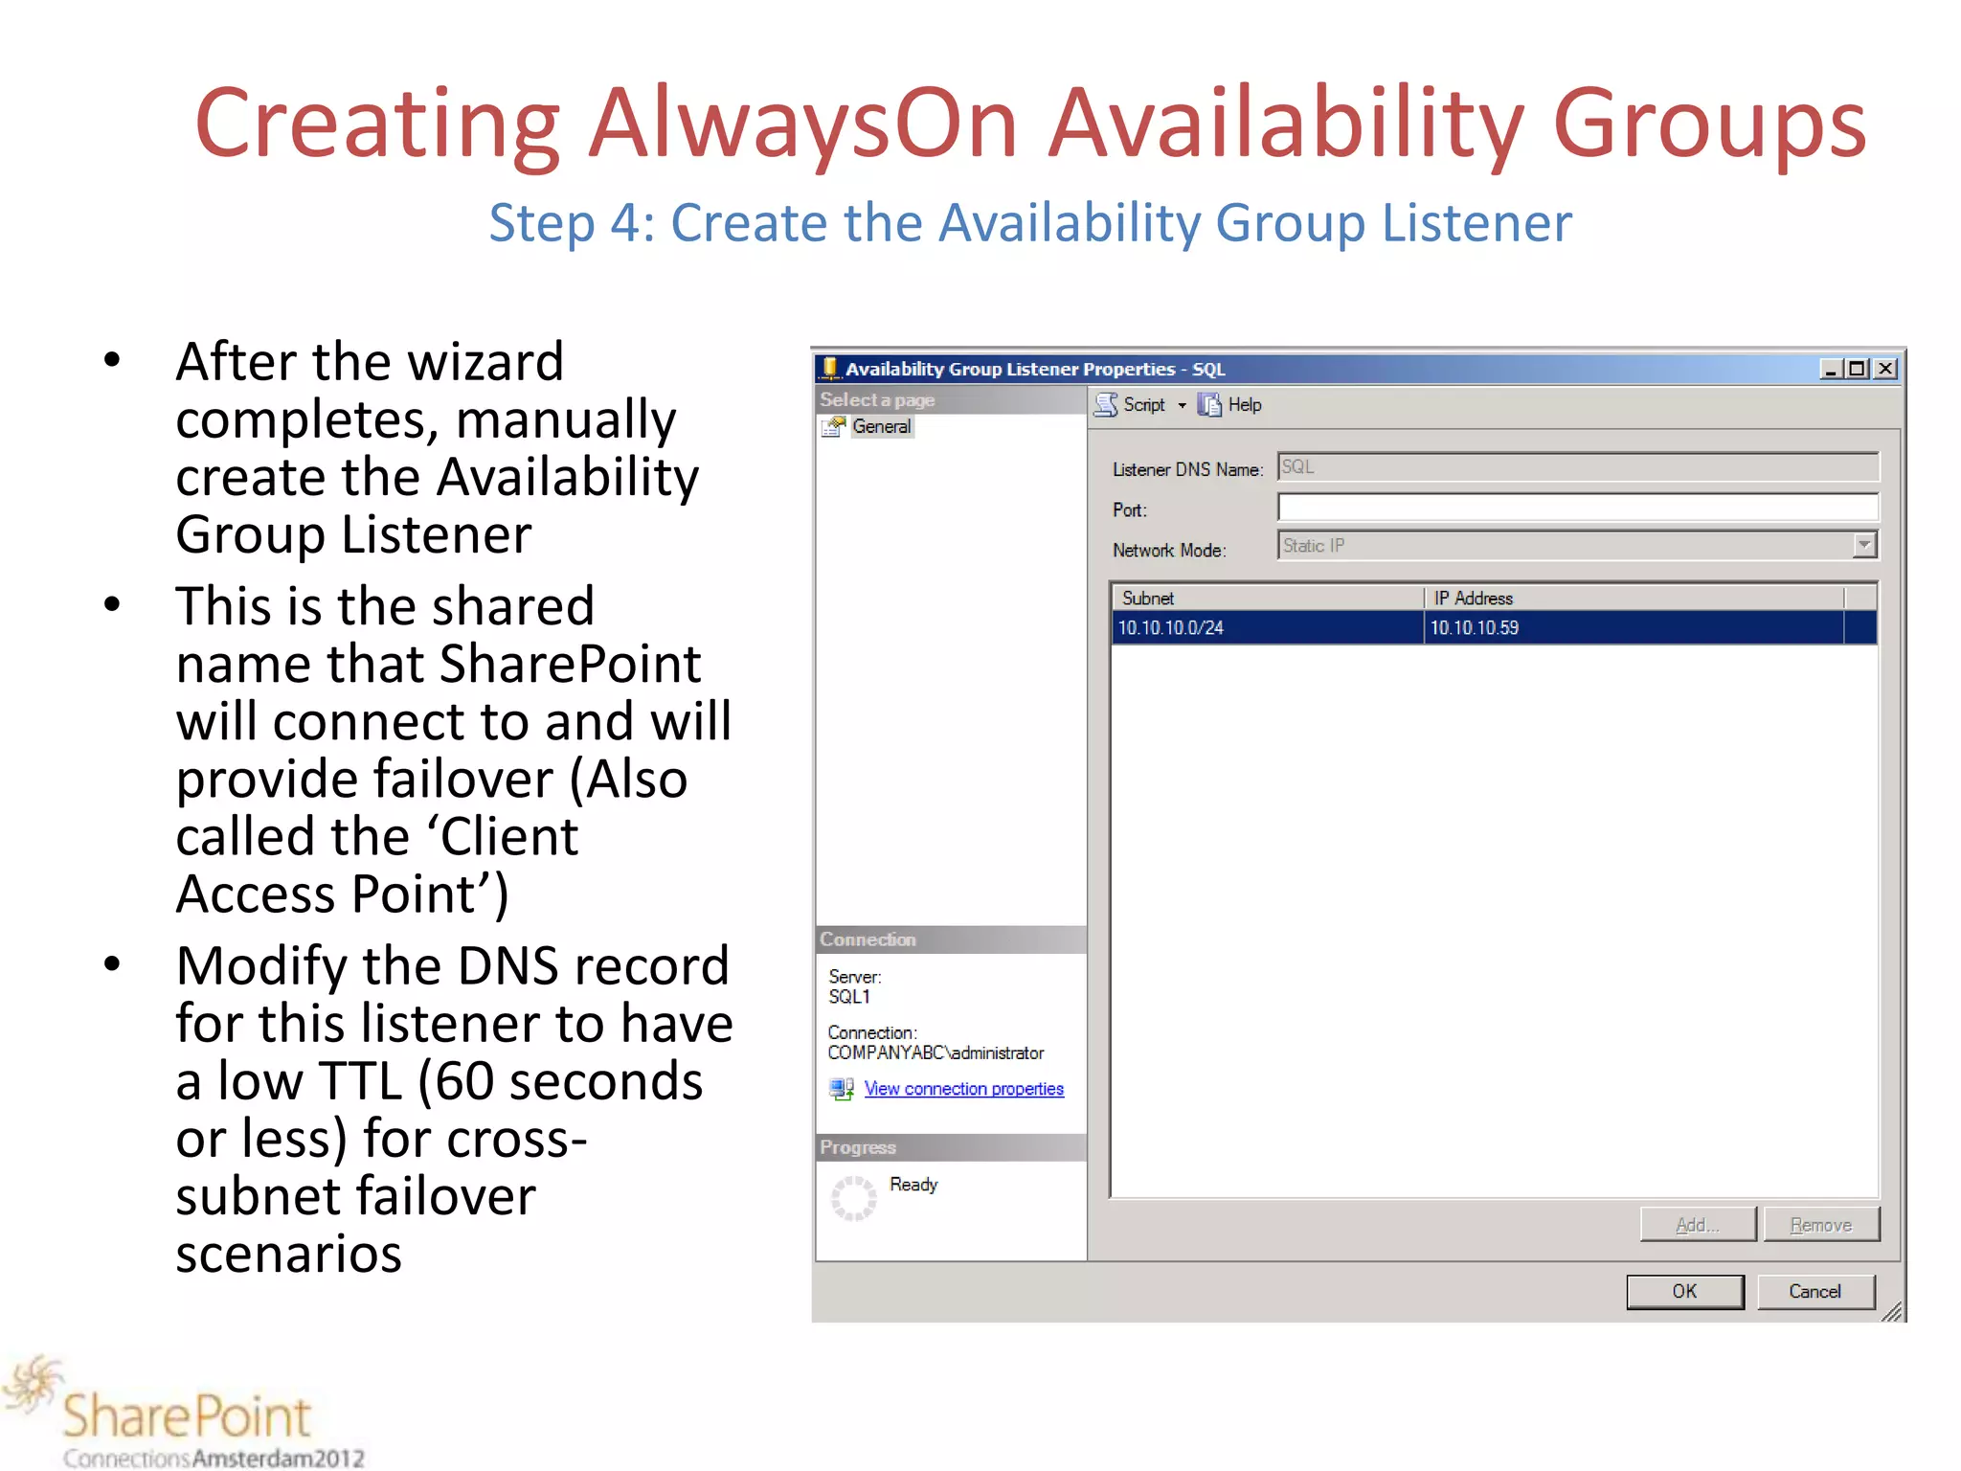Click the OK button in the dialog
[1684, 1291]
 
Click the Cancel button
[1814, 1291]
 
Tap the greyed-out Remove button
[1820, 1225]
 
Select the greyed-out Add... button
[1697, 1225]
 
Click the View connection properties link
[963, 1089]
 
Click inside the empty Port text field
[1576, 508]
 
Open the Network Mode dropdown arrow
[1863, 545]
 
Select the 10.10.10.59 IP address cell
[1475, 628]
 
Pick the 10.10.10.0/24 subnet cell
[1170, 628]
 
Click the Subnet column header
[1148, 598]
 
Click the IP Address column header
[1473, 598]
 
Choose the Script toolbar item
[1143, 405]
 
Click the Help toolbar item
[1244, 405]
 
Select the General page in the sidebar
[881, 426]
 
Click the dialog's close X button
[1885, 369]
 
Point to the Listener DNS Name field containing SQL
[1576, 467]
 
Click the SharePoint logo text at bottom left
[187, 1415]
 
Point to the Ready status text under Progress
[913, 1185]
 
